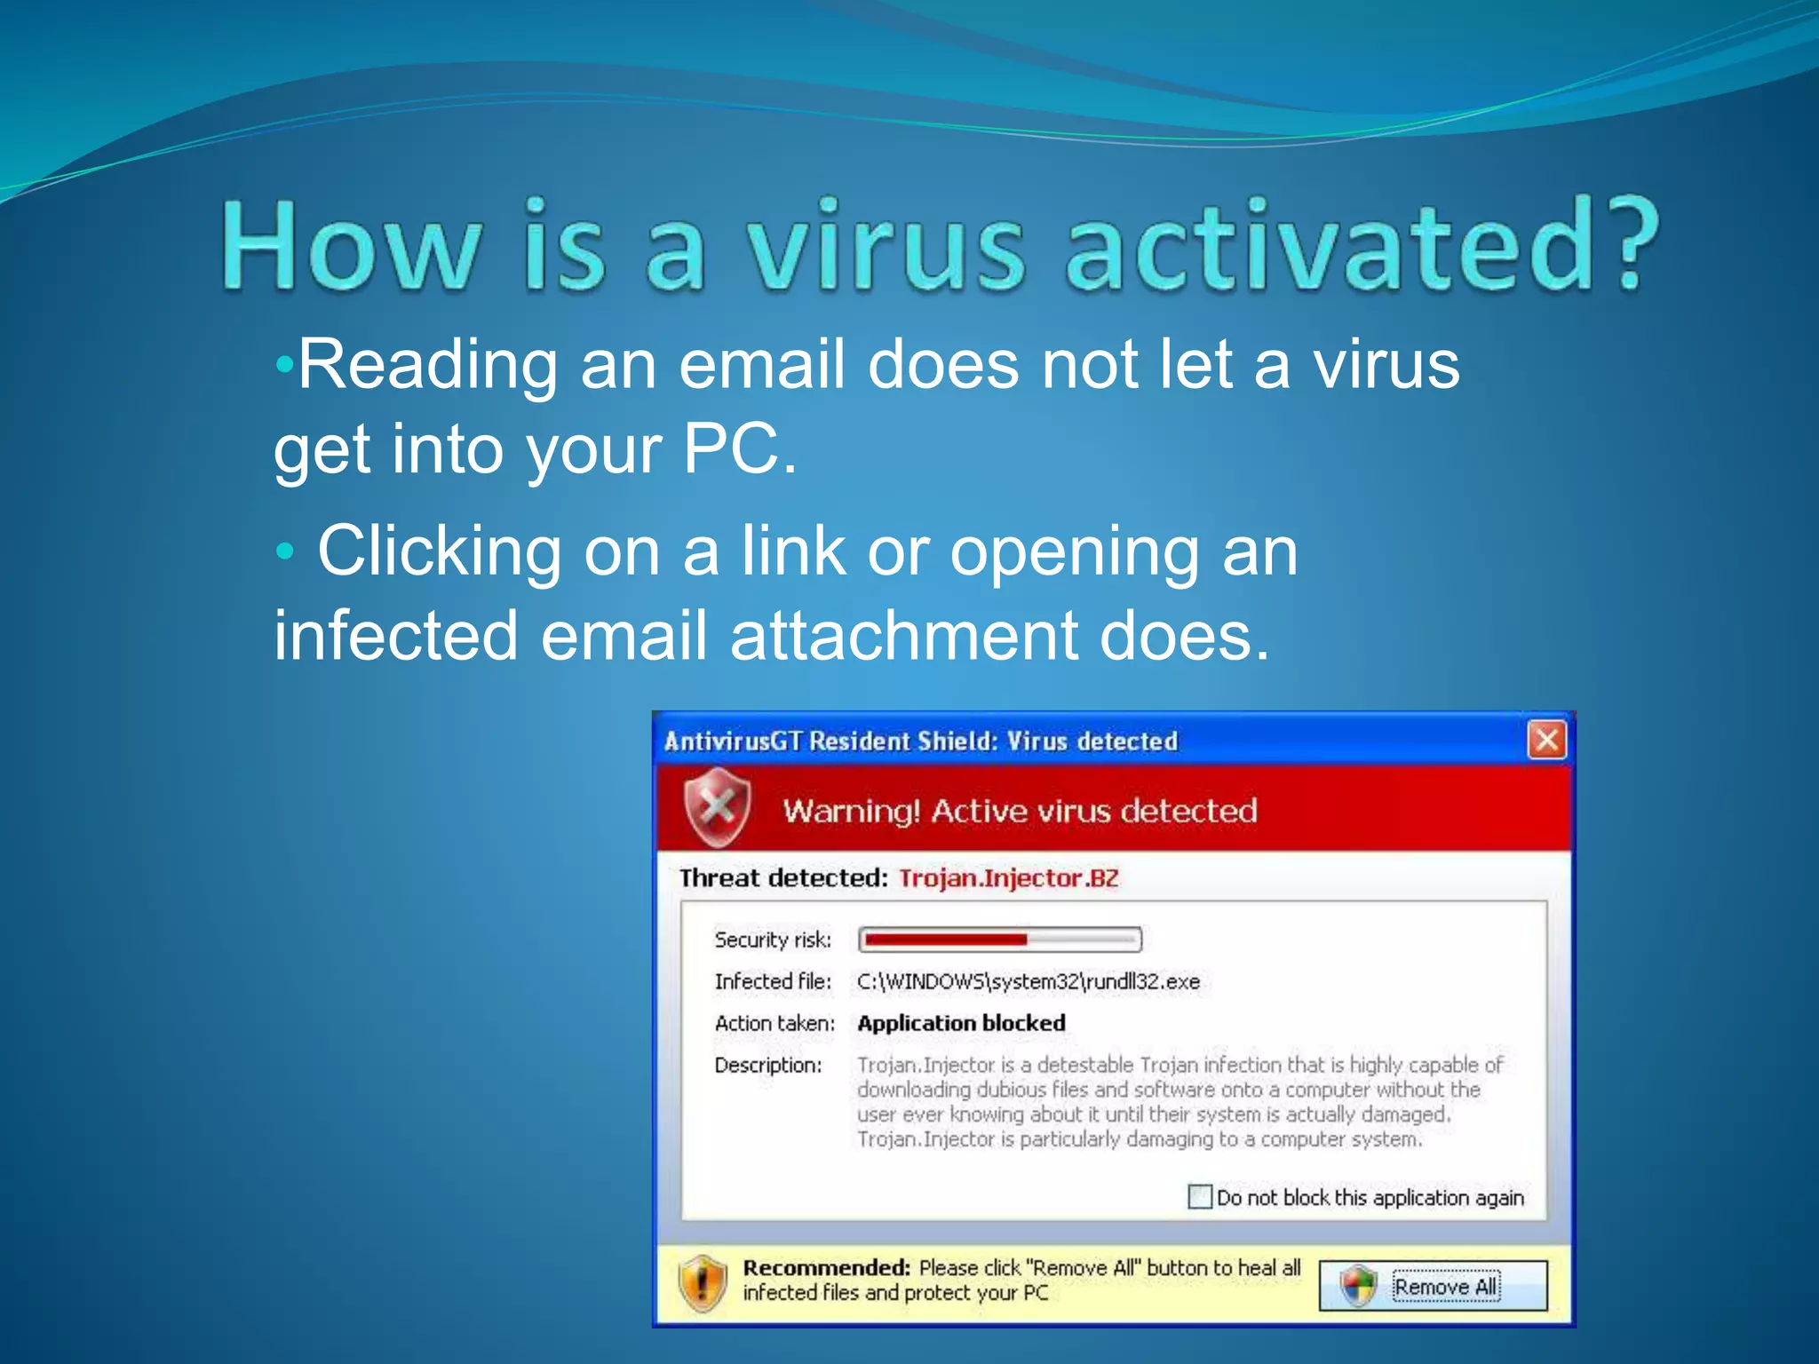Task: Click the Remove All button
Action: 1433,1286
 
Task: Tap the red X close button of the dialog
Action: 1546,740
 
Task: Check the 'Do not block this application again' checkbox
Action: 1200,1196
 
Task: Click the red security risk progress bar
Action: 999,939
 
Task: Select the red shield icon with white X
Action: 717,807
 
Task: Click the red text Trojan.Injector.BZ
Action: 1008,878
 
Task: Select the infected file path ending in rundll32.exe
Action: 1028,981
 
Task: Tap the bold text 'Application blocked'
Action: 961,1023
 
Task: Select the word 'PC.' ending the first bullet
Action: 740,448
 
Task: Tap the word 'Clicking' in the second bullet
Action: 440,551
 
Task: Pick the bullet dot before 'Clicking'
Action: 284,551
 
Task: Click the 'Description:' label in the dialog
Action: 768,1065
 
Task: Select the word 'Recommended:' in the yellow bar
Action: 826,1267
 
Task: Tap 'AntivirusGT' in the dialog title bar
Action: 733,741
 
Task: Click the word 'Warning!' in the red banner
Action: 851,811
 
